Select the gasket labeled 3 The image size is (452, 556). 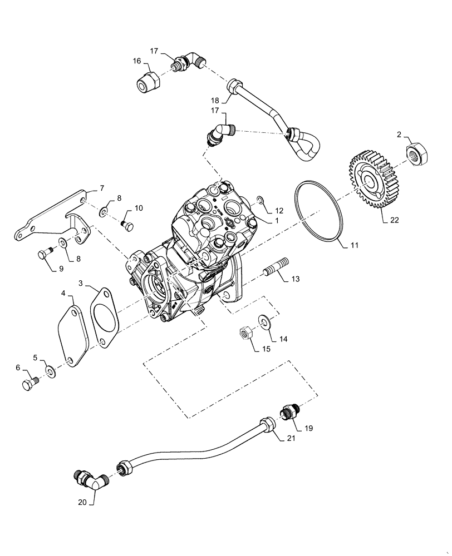tap(102, 316)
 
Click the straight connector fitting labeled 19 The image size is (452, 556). tap(289, 413)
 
